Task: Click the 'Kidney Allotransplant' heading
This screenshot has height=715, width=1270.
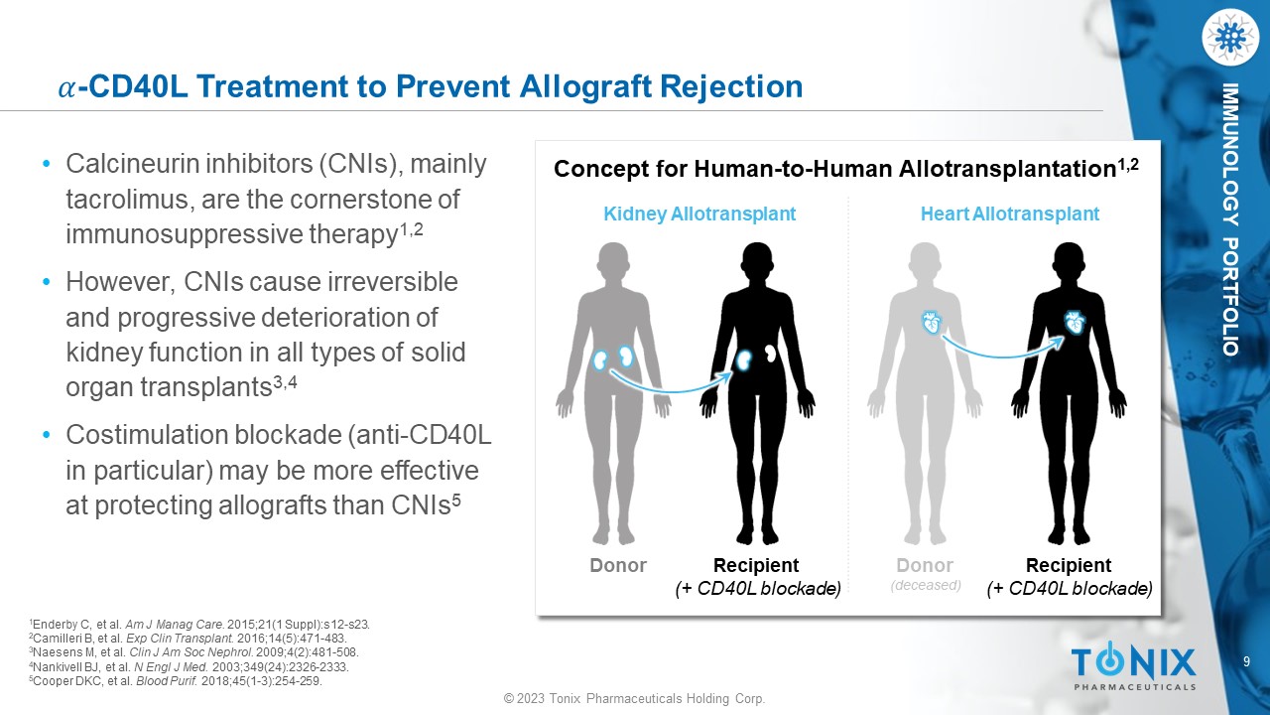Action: pyautogui.click(x=699, y=214)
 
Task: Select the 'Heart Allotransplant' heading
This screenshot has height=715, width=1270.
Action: pyautogui.click(x=1009, y=214)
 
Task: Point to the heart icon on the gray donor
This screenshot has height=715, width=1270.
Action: pyautogui.click(x=932, y=323)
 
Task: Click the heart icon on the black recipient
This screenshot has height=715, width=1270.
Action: pyautogui.click(x=1075, y=323)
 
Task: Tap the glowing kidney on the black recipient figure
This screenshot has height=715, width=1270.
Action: pyautogui.click(x=743, y=360)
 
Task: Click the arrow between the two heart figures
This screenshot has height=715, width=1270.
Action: pyautogui.click(x=1002, y=353)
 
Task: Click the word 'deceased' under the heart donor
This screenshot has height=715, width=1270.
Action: pyautogui.click(x=926, y=585)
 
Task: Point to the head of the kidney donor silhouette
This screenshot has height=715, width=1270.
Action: pyautogui.click(x=613, y=259)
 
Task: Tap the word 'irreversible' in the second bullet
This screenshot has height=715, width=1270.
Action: pyautogui.click(x=393, y=281)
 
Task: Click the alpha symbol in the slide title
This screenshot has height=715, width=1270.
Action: pyautogui.click(x=66, y=89)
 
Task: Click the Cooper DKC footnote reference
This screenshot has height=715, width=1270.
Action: pyautogui.click(x=176, y=681)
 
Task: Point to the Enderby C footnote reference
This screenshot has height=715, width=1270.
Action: pyautogui.click(x=199, y=625)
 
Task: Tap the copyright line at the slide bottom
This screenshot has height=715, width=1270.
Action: pyautogui.click(x=634, y=698)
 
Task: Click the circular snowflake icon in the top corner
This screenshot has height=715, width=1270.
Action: pyautogui.click(x=1229, y=37)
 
